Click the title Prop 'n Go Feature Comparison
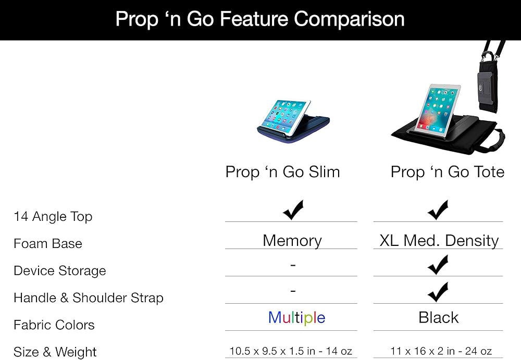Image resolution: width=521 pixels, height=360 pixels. [x=260, y=19]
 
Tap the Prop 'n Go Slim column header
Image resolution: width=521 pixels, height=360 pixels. [x=282, y=172]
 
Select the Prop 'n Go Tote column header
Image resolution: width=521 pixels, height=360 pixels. [x=447, y=172]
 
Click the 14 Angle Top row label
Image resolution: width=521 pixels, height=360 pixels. [x=53, y=217]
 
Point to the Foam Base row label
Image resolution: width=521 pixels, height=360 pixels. [x=48, y=244]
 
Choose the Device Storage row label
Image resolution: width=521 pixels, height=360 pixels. [x=60, y=271]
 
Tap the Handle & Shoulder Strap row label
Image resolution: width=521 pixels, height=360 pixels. [x=89, y=298]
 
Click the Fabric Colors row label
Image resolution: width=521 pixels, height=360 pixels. [x=54, y=325]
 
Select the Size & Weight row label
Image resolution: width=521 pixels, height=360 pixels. [x=55, y=352]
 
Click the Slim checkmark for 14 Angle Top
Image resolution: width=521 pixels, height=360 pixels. [x=293, y=210]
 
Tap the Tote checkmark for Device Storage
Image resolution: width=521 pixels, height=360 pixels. [x=438, y=265]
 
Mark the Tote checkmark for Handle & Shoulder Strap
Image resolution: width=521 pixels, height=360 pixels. [x=438, y=292]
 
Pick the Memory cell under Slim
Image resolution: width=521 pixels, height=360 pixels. [x=292, y=241]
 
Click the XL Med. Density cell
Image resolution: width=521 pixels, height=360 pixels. [x=439, y=241]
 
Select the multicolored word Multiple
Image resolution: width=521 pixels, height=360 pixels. [x=297, y=317]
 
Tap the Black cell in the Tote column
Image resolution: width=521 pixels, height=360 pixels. [x=439, y=317]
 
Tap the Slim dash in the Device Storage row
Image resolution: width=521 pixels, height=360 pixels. [x=293, y=265]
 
